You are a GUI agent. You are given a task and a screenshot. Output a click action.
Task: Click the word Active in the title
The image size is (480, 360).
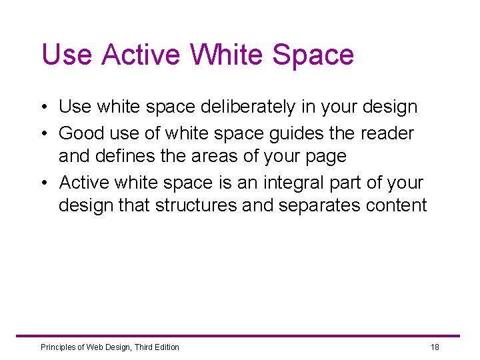[139, 55]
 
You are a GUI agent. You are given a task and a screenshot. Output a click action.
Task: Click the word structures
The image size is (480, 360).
[196, 205]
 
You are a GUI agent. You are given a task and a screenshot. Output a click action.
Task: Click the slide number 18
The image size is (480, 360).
[435, 347]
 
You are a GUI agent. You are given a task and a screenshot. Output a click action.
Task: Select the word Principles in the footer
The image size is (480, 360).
[57, 347]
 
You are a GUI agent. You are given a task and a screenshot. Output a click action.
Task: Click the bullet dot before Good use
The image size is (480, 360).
[43, 134]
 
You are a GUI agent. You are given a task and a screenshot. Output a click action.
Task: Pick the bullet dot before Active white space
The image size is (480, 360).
[43, 183]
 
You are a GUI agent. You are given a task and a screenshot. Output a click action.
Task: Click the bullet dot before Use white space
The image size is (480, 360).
[43, 107]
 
